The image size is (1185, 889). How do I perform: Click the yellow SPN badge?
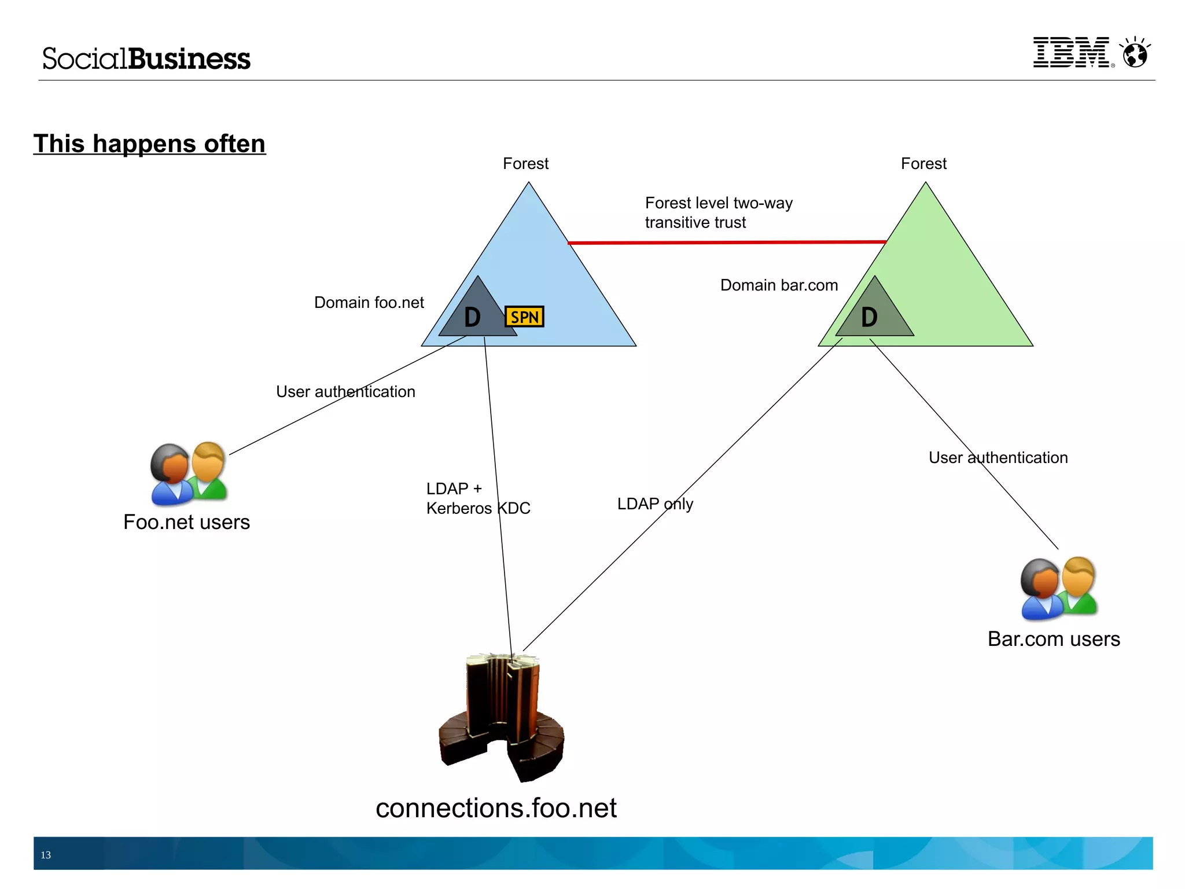tap(524, 317)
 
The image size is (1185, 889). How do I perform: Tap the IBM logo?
tap(1072, 53)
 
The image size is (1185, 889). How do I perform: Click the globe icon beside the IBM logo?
tap(1135, 54)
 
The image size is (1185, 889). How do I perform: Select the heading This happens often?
tap(149, 144)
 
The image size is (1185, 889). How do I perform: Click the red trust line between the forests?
tap(726, 242)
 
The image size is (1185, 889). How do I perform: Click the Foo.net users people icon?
tap(189, 473)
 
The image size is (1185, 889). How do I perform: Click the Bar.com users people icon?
tap(1058, 588)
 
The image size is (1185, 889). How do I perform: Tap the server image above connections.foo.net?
tap(501, 718)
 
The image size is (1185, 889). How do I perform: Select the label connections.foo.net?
tap(496, 808)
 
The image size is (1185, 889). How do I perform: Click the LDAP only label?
tap(654, 504)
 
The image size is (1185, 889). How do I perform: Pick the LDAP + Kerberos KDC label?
tap(478, 498)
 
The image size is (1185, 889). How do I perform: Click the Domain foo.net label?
tap(369, 303)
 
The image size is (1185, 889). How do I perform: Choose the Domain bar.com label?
tap(779, 285)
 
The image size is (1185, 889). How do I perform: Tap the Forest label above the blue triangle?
tap(525, 164)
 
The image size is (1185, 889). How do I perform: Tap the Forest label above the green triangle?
tap(923, 164)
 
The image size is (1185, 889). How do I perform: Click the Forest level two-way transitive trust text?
tap(718, 212)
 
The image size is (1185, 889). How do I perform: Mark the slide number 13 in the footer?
tap(46, 855)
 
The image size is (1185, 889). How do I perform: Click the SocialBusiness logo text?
tap(146, 59)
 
